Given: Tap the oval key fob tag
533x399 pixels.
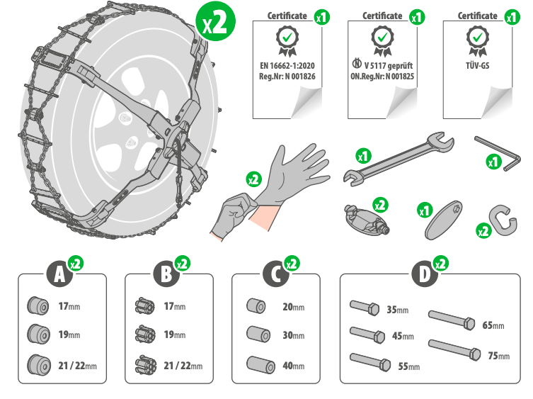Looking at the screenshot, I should pos(442,223).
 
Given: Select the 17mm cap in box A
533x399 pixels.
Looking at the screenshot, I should pos(35,305).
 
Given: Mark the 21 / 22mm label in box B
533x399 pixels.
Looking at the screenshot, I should pos(183,366).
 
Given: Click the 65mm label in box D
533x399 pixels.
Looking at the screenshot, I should pos(493,325).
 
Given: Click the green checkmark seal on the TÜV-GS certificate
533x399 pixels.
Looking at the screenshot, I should pos(478,40).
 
